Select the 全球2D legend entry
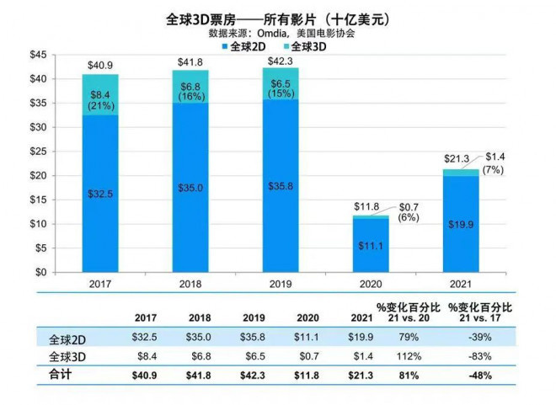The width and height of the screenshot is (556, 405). (x=248, y=47)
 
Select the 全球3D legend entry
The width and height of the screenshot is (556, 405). (x=302, y=47)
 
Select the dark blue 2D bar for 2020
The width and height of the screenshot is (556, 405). (x=371, y=245)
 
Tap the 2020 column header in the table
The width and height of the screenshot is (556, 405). (x=309, y=317)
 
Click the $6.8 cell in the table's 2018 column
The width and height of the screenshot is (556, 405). (x=200, y=357)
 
